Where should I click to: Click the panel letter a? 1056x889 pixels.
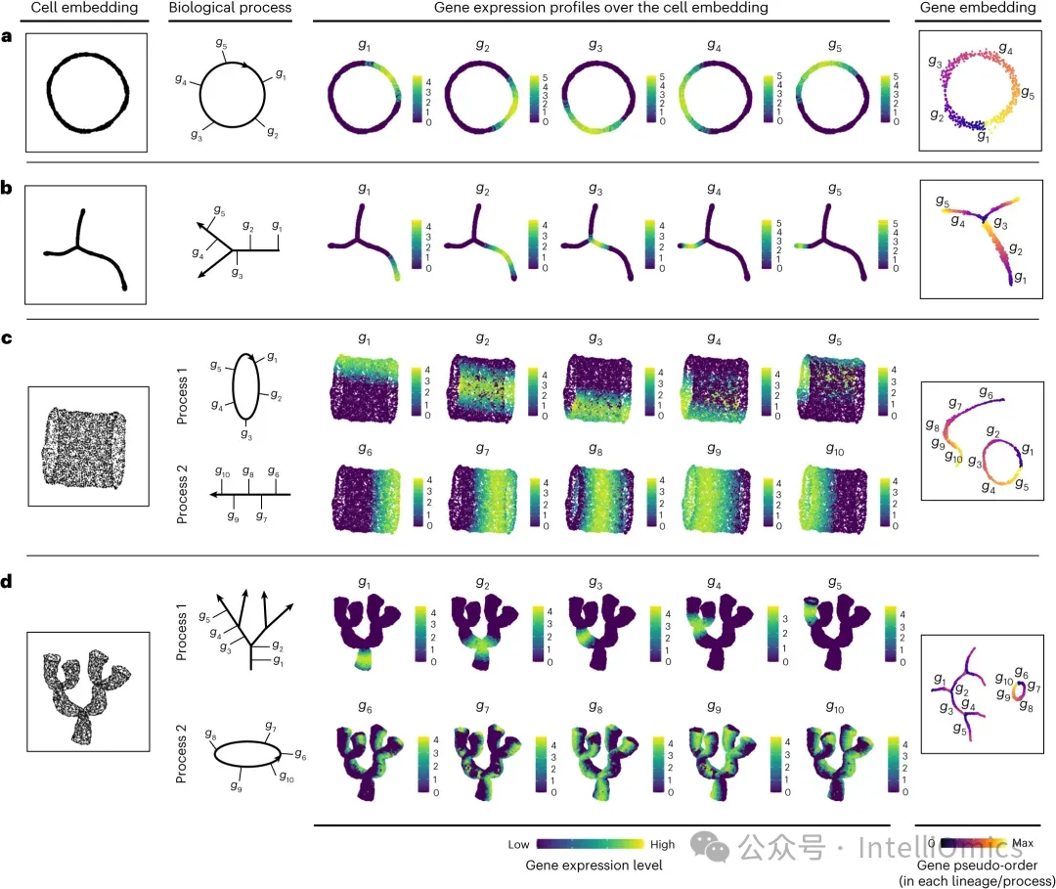coord(8,37)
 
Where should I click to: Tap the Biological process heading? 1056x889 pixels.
coord(230,8)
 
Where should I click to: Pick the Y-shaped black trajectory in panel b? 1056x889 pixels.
coord(86,245)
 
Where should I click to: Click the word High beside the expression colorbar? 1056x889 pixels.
coord(662,844)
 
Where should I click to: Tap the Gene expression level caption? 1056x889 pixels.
coord(594,865)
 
